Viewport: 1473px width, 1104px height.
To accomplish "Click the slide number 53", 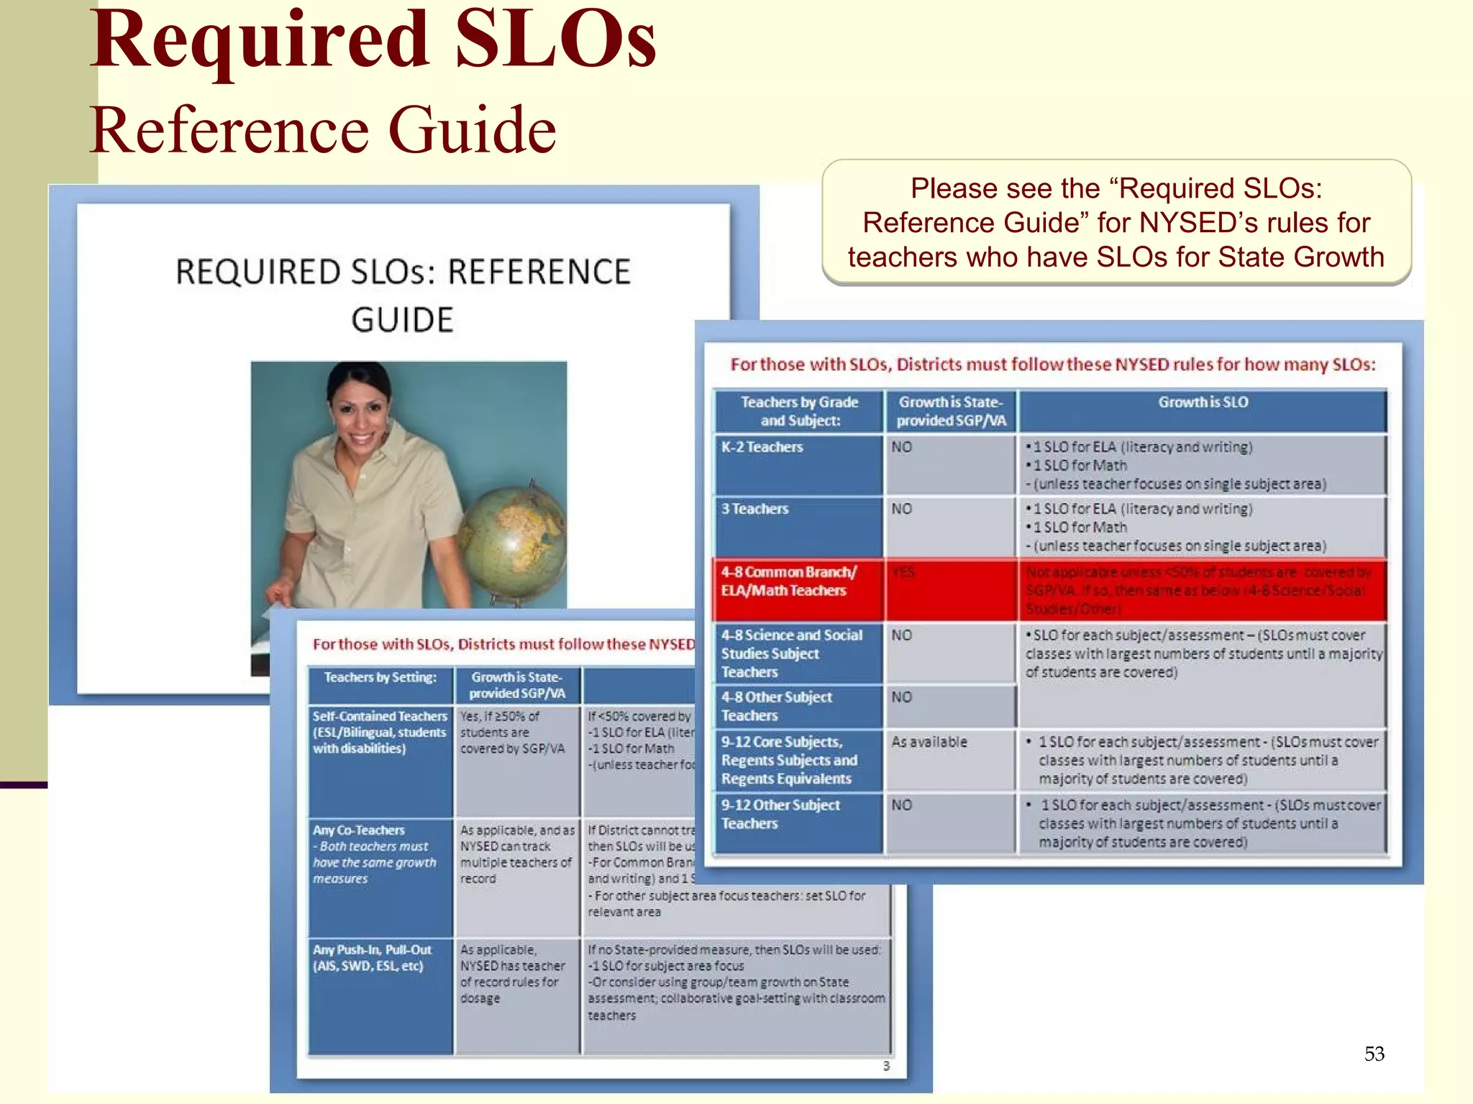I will (1374, 1054).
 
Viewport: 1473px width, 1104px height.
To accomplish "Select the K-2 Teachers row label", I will (762, 447).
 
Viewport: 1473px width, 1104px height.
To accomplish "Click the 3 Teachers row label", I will (754, 509).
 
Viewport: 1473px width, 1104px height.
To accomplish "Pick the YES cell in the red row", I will (903, 572).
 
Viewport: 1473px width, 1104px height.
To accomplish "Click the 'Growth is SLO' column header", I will (1203, 402).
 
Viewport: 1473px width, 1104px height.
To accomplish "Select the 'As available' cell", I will (929, 742).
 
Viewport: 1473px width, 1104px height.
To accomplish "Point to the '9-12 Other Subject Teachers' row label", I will (780, 814).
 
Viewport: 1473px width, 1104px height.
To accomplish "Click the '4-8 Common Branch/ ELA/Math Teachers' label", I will (788, 581).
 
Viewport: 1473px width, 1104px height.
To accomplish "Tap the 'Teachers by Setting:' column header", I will (380, 677).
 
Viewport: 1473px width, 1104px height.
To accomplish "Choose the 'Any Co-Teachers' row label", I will (359, 830).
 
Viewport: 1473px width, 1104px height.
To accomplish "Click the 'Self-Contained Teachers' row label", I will (380, 717).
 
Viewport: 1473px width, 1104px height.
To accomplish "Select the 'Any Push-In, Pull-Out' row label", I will (372, 950).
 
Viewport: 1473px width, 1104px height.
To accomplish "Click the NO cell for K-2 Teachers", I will (901, 447).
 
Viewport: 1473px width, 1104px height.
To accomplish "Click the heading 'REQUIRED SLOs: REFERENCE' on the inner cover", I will (403, 272).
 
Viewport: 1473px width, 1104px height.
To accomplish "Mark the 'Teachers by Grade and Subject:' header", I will (799, 411).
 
